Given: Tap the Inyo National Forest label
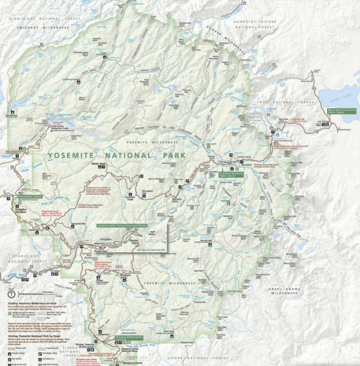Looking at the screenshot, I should pyautogui.click(x=279, y=102).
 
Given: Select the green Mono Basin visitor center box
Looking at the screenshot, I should pyautogui.click(x=341, y=111).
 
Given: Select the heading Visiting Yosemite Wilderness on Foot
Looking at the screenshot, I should pyautogui.click(x=31, y=303).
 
